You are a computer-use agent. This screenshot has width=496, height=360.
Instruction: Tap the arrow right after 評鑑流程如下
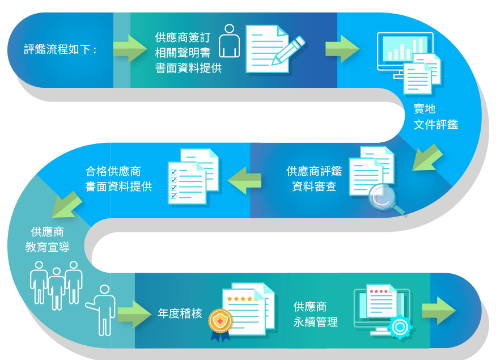point(129,49)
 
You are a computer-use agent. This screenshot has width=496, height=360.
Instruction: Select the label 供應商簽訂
point(183,37)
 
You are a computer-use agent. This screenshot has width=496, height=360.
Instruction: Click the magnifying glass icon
point(384,199)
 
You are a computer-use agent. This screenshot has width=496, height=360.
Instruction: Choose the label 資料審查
point(314,187)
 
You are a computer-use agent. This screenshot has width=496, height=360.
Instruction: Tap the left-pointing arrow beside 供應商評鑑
point(244,180)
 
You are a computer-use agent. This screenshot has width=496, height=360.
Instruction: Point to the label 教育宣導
point(48,247)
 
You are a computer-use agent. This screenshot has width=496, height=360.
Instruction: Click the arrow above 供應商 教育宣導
point(67,204)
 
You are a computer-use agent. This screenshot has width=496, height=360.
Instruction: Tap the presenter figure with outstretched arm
point(103,309)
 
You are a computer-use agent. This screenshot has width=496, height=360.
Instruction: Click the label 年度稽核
point(180,314)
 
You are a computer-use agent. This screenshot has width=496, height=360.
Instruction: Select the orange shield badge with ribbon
point(220,324)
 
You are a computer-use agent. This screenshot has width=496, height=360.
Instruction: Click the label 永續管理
point(315,323)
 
